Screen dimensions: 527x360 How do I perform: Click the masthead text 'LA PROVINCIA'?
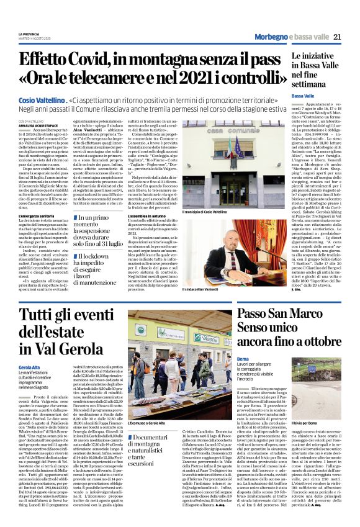tap(28, 34)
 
